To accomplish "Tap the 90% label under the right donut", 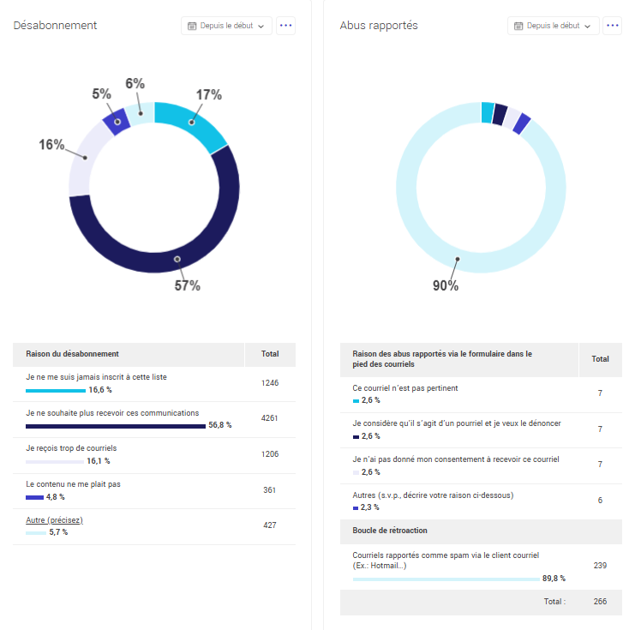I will (445, 285).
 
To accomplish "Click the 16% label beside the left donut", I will (51, 145).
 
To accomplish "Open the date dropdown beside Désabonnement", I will (226, 26).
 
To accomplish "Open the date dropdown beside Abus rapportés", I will (553, 26).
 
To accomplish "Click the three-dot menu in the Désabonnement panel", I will (286, 26).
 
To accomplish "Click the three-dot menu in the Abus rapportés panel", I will (613, 26).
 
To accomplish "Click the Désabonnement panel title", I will (55, 26).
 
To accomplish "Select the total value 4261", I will (270, 418).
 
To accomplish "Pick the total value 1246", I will (270, 383).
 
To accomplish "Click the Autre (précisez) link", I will (54, 520).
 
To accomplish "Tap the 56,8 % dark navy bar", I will (116, 425).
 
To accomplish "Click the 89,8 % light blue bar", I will (446, 579).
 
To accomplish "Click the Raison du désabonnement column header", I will (72, 354).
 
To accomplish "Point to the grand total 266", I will (600, 602).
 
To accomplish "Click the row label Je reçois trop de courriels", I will (71, 448).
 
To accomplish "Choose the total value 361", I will (270, 489).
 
